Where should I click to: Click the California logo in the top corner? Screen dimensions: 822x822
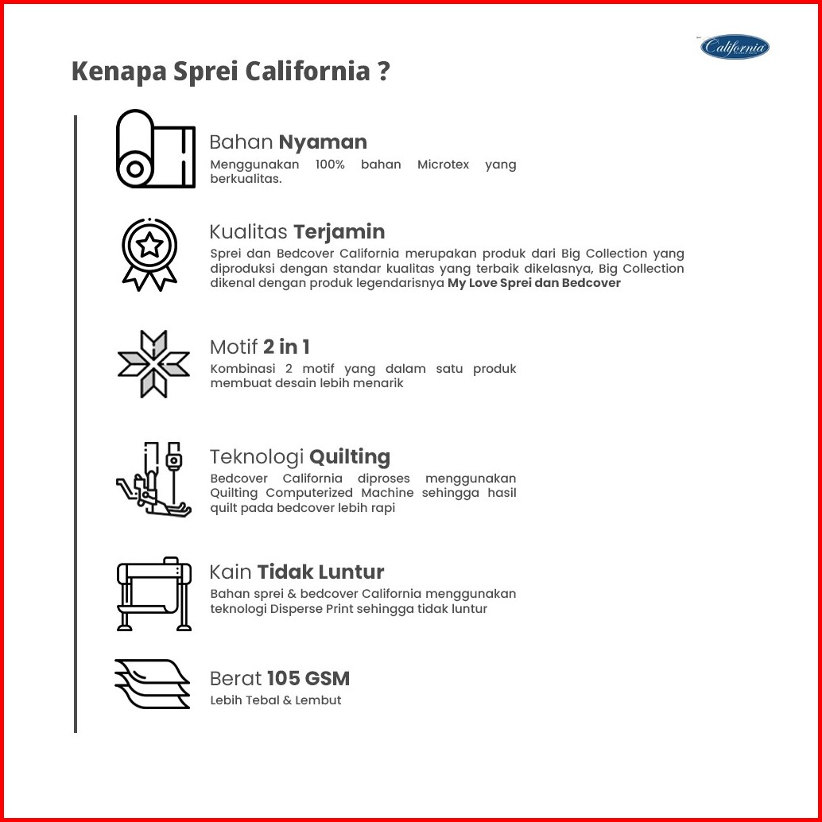pyautogui.click(x=735, y=47)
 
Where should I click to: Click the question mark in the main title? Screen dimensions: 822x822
pyautogui.click(x=383, y=71)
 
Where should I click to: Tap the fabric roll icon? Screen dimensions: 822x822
pyautogui.click(x=155, y=149)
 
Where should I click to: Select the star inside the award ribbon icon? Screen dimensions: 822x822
pyautogui.click(x=149, y=244)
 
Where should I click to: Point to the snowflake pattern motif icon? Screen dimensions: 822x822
pyautogui.click(x=153, y=363)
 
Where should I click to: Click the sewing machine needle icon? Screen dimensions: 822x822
pyautogui.click(x=153, y=479)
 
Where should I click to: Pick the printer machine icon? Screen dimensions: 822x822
pyautogui.click(x=153, y=593)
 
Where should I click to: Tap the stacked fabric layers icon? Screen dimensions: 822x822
pyautogui.click(x=152, y=684)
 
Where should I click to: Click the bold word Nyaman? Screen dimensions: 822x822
pyautogui.click(x=323, y=142)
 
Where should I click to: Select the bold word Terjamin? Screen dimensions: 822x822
pyautogui.click(x=339, y=231)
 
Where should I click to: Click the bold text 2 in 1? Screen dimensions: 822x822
pyautogui.click(x=286, y=347)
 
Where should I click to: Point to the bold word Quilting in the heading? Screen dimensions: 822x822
pyautogui.click(x=350, y=457)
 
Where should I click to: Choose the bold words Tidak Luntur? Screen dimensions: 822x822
pyautogui.click(x=320, y=572)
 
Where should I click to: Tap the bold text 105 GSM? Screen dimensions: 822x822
pyautogui.click(x=308, y=678)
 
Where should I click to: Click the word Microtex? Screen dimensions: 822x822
pyautogui.click(x=443, y=165)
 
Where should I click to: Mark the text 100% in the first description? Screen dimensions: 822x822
pyautogui.click(x=330, y=165)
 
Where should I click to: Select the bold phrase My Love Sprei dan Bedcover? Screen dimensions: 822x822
pyautogui.click(x=533, y=283)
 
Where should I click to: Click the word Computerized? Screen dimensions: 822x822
pyautogui.click(x=313, y=494)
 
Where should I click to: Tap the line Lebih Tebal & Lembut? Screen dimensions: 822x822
pyautogui.click(x=276, y=700)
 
